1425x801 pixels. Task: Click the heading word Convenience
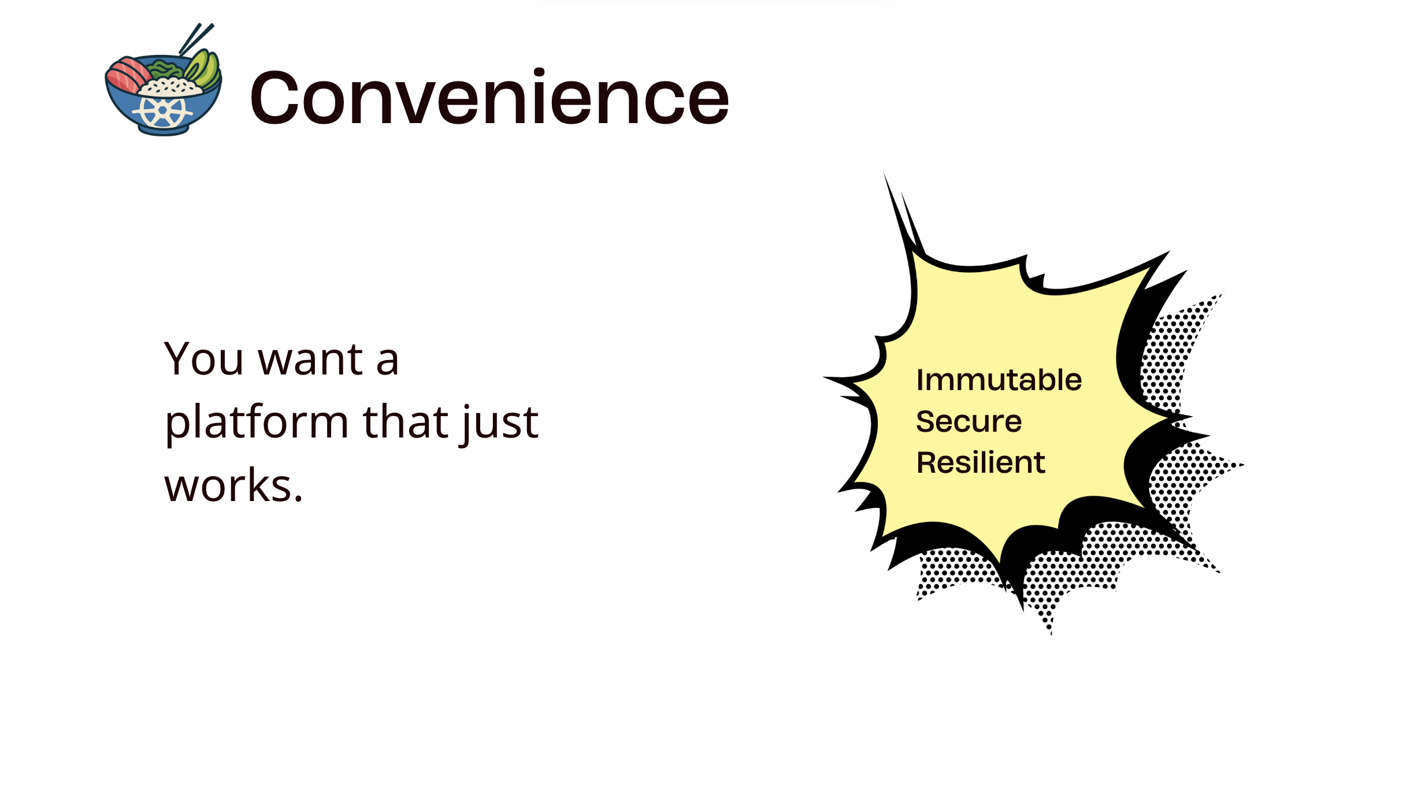489,98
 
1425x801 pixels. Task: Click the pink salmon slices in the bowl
128,75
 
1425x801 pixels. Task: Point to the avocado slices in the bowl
203,69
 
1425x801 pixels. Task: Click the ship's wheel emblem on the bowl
162,110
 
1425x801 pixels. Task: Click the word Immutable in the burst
999,380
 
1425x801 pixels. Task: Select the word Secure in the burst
968,421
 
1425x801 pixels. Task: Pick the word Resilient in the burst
981,462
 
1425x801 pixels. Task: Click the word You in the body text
203,359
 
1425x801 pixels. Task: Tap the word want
310,359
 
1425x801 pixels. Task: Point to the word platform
257,423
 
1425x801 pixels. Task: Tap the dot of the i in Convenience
539,72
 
